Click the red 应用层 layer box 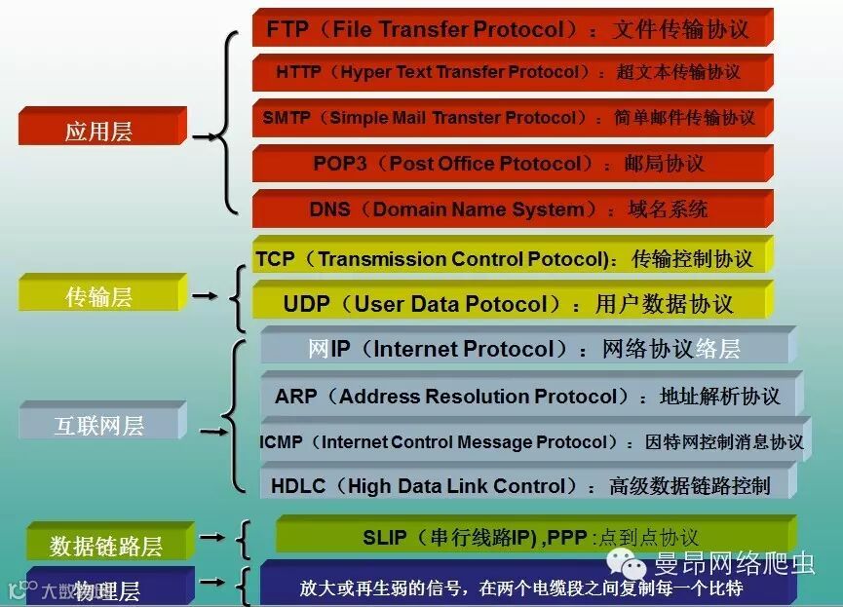tap(100, 130)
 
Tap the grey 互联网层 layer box tap(99, 425)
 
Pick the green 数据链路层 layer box tap(107, 546)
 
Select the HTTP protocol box tap(511, 72)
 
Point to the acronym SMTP tap(287, 118)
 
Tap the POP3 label tap(339, 164)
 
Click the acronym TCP tap(276, 259)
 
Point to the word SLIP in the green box tap(387, 537)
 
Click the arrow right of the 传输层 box tap(206, 294)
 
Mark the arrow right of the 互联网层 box tap(212, 429)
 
